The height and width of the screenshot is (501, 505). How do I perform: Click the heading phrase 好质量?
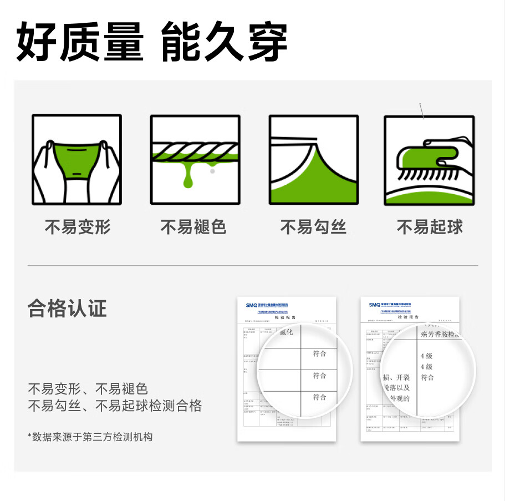(80, 42)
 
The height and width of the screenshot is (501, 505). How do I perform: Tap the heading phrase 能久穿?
(224, 42)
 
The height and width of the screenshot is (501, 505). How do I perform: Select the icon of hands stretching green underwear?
(76, 160)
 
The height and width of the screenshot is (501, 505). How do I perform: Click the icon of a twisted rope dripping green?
(195, 160)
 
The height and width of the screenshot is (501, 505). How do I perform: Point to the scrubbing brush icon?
(430, 160)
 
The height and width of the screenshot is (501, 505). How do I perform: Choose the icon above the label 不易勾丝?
(313, 160)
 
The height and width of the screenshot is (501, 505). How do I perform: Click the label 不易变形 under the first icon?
(78, 226)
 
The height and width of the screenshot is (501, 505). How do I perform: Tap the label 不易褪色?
(194, 226)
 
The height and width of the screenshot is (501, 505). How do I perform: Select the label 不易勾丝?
(313, 226)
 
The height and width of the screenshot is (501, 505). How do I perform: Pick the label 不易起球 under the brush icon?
(430, 226)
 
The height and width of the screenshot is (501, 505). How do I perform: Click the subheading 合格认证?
(67, 308)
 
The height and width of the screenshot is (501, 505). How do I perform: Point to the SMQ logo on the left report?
(252, 305)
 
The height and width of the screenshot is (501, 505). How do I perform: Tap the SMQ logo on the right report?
(375, 305)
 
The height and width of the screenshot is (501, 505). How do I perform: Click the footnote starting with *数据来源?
(90, 437)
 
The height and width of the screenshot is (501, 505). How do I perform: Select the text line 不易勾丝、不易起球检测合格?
(115, 406)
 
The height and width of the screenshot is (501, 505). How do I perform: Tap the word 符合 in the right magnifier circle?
(427, 378)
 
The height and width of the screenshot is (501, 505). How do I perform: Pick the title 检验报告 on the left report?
(286, 318)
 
